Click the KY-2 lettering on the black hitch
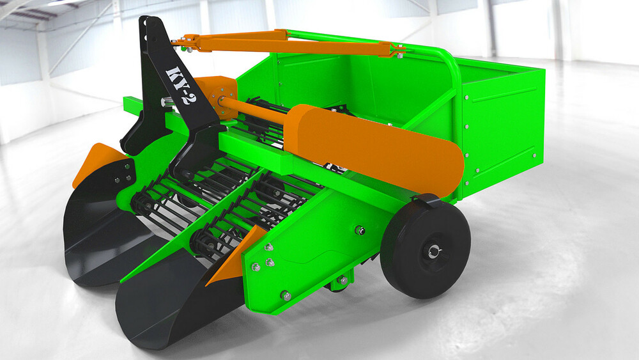coord(178,85)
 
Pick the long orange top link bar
coord(289,45)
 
